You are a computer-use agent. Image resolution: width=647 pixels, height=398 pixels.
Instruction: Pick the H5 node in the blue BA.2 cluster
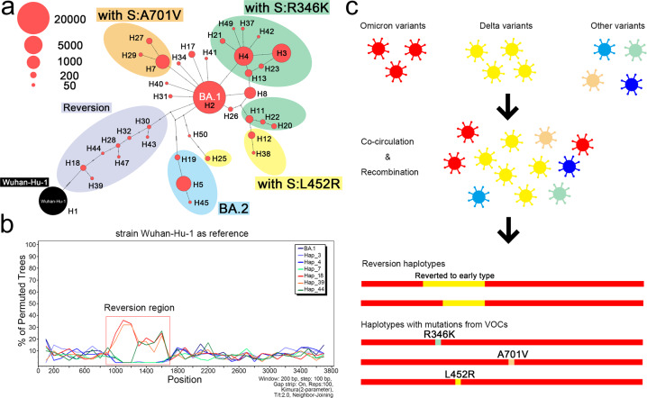183,185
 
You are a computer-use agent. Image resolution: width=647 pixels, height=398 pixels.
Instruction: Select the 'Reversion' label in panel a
87,106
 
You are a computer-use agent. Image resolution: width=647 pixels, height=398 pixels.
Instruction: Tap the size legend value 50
69,86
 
